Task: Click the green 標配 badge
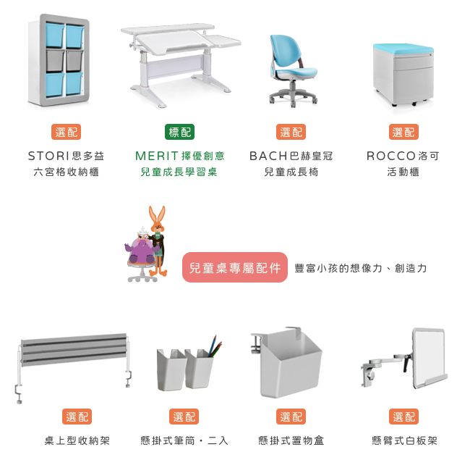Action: [x=179, y=132]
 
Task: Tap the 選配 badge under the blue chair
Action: [x=291, y=132]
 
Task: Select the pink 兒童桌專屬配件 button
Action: [x=235, y=267]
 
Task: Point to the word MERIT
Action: [x=157, y=156]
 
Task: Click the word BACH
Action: [x=268, y=156]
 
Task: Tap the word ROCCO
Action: [x=391, y=156]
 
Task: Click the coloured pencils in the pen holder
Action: [x=215, y=347]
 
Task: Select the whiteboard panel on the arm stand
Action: [x=429, y=356]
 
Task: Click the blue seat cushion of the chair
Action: [x=296, y=72]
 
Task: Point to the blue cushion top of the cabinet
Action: [x=403, y=48]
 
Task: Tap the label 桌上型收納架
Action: [x=77, y=440]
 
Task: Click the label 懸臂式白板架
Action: [x=404, y=440]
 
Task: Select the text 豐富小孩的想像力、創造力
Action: [x=360, y=268]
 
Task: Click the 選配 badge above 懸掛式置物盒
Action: [x=291, y=417]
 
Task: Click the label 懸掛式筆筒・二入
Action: [x=184, y=440]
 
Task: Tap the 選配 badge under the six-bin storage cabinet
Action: [x=67, y=132]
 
